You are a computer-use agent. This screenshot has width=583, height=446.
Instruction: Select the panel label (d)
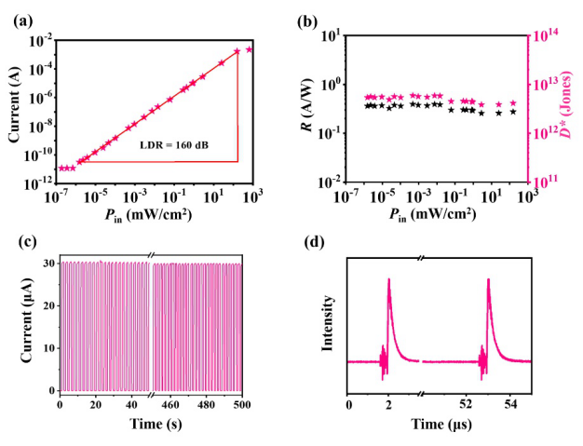tap(316, 243)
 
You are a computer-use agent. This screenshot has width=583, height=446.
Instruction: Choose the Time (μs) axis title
tap(438, 425)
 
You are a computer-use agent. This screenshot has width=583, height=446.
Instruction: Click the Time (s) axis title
tap(151, 425)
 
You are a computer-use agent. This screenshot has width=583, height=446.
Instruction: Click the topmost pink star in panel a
tap(249, 49)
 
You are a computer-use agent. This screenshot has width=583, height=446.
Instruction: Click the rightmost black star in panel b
tap(513, 112)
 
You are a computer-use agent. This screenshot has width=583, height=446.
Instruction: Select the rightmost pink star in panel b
tap(513, 103)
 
